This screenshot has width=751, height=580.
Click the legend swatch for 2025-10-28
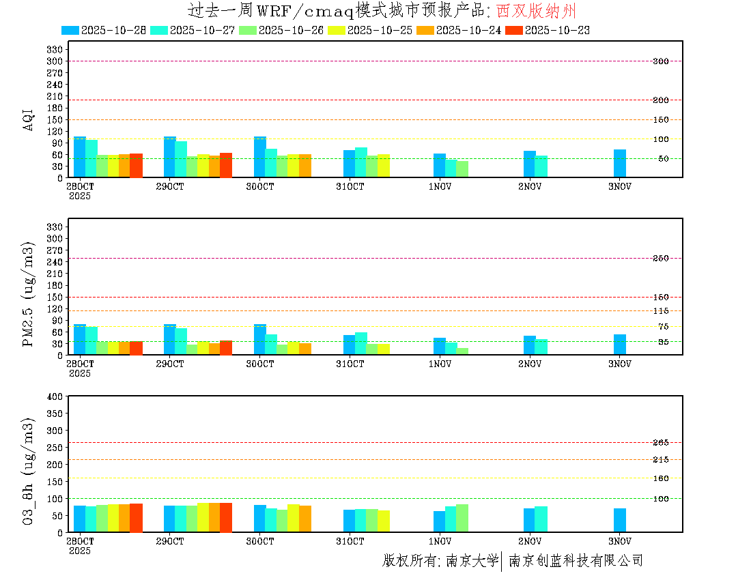point(70,30)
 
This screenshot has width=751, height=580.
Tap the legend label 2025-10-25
point(380,30)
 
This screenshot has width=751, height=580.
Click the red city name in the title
point(537,10)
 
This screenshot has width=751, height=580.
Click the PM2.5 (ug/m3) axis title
point(29,293)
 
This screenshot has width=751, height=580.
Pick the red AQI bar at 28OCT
point(136,165)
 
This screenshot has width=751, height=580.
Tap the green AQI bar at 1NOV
point(462,169)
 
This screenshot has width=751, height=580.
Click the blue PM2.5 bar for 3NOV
point(619,345)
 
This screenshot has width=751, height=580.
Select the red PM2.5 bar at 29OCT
point(226,347)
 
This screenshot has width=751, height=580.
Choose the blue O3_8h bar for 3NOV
point(619,520)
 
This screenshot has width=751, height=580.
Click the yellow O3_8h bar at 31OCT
point(384,521)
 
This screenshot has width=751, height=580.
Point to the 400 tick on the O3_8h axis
point(55,396)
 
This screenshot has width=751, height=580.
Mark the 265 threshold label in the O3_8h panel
point(660,443)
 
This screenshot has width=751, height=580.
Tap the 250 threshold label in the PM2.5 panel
point(660,258)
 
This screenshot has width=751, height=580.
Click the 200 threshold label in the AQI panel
point(660,100)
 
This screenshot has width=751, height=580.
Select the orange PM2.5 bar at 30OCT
point(304,349)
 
